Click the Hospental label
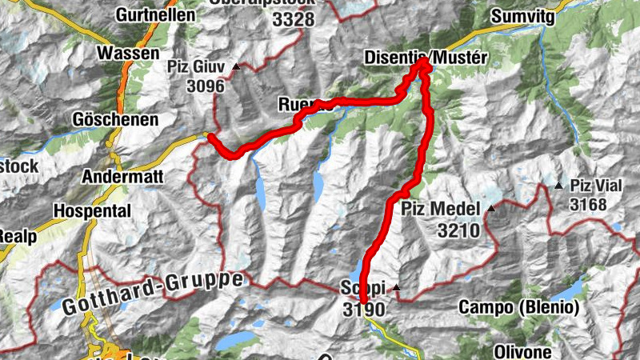pos(92,210)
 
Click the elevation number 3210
pos(458,232)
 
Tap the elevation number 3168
pos(588,205)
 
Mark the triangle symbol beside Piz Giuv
pos(236,67)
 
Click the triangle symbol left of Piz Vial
pos(558,186)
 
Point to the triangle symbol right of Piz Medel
pos(491,210)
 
